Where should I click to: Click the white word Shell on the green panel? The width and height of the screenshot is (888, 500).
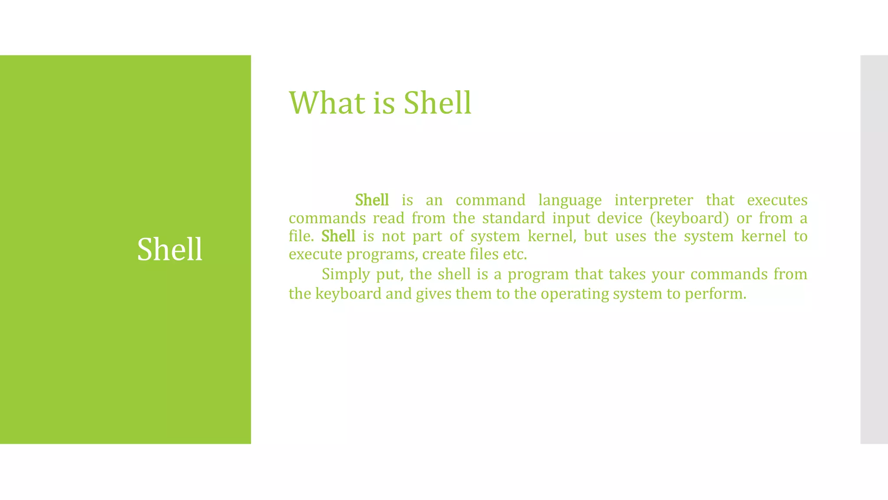tap(170, 250)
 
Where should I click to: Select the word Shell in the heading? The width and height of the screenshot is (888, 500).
tap(437, 103)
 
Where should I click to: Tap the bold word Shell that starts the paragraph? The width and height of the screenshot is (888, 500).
tap(372, 200)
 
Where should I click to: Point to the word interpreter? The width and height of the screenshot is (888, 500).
tap(653, 201)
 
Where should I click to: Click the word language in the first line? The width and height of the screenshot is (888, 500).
tap(570, 201)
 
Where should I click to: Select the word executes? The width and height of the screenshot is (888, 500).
tap(777, 200)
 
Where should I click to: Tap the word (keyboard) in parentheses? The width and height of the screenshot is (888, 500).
tap(689, 218)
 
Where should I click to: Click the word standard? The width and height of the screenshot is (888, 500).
tap(513, 218)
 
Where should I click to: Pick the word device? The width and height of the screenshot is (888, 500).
tap(620, 218)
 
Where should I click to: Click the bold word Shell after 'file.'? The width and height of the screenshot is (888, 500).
tap(338, 236)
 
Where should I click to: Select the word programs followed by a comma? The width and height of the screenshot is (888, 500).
tap(382, 254)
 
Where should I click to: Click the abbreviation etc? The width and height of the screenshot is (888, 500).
tap(515, 254)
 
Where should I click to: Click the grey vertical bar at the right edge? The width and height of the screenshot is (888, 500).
tap(874, 250)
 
